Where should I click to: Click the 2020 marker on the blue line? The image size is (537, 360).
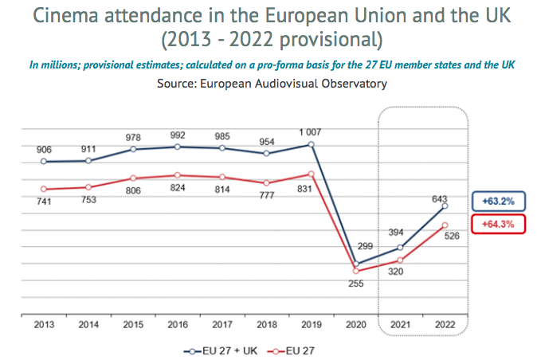click(x=355, y=264)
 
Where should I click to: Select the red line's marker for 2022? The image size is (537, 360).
click(x=445, y=225)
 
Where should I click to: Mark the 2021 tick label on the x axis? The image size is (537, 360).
click(x=400, y=326)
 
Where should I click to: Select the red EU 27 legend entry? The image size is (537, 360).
click(x=297, y=349)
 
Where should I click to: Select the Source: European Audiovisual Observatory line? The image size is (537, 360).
click(x=268, y=82)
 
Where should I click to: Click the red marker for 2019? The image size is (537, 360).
click(x=311, y=174)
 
